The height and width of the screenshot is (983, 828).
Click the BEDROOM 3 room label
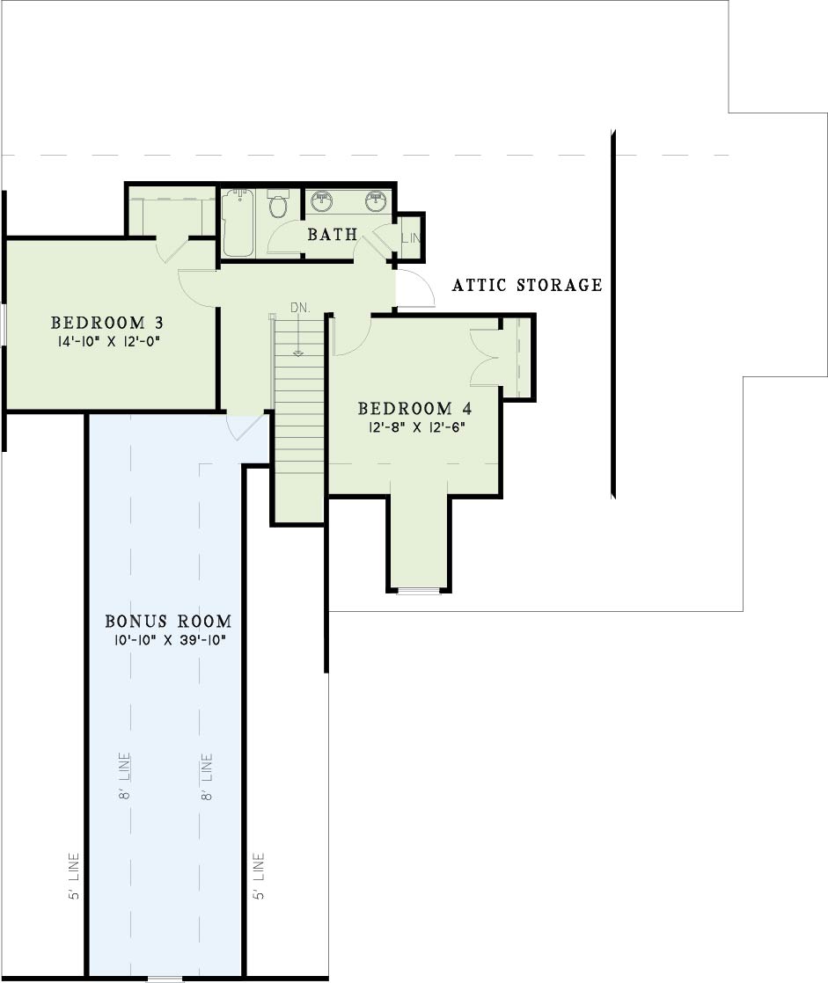(x=107, y=323)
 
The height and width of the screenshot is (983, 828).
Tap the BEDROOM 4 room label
(x=414, y=409)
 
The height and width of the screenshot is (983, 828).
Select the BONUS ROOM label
(x=168, y=622)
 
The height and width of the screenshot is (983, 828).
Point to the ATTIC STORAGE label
(x=527, y=285)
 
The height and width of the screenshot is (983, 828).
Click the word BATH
(x=333, y=235)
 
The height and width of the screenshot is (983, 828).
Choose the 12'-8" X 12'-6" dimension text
(x=414, y=427)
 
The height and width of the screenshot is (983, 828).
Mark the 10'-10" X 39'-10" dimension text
(x=168, y=640)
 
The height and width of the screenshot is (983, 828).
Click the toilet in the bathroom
(x=277, y=204)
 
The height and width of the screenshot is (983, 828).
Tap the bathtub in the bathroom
(x=238, y=223)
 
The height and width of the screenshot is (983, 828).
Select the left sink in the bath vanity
(x=321, y=200)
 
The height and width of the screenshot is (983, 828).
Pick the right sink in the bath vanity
(x=375, y=200)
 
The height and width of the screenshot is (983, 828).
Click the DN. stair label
(x=300, y=308)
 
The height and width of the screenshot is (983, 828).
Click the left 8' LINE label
(x=125, y=776)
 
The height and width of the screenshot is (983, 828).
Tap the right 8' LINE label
(x=207, y=776)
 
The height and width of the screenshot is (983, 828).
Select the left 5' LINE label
(x=74, y=877)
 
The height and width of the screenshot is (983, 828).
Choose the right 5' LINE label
(x=259, y=877)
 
